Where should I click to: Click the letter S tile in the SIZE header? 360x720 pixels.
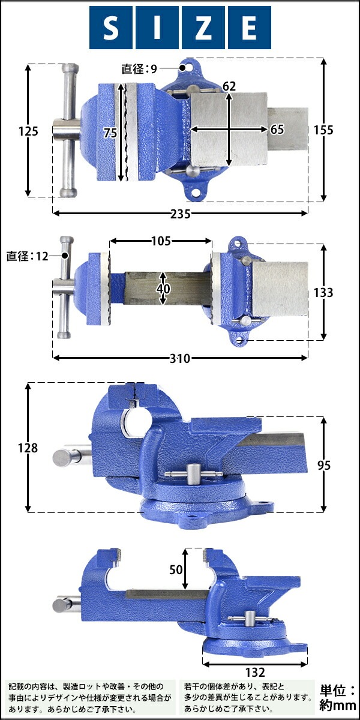point(111,28)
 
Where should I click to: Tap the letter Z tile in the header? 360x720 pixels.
point(203,28)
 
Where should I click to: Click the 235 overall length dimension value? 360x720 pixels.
point(181,214)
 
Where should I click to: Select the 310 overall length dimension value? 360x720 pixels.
point(180,358)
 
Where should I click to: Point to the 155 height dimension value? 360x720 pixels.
point(323,130)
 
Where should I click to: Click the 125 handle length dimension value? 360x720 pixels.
point(28,131)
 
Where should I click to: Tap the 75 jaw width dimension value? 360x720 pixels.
point(110,133)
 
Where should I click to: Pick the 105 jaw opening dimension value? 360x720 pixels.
point(161,241)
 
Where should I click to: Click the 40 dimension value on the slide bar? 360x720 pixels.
point(163,289)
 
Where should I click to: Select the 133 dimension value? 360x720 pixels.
point(323,293)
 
